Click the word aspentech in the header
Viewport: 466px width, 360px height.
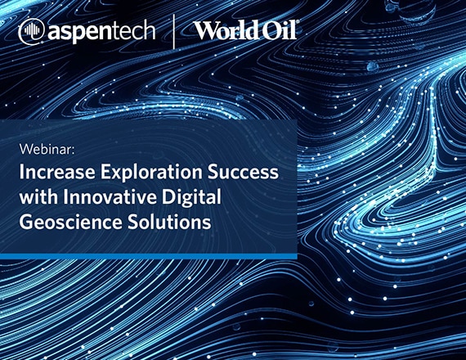click(101, 32)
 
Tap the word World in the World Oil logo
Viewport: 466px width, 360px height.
click(226, 30)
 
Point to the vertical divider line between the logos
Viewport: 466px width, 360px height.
click(174, 31)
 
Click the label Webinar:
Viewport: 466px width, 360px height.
click(47, 149)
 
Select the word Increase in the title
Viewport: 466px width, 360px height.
click(57, 172)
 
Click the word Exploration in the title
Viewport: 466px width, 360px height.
click(151, 173)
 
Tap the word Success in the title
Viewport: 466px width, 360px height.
click(243, 172)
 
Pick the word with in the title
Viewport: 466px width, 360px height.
click(38, 197)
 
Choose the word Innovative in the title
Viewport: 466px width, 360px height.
click(110, 197)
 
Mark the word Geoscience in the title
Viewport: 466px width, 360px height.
click(71, 222)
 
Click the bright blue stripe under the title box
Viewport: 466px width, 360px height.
click(149, 256)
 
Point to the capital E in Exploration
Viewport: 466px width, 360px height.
click(105, 172)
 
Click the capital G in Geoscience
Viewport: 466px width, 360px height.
click(26, 222)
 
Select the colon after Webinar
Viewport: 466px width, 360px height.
click(72, 151)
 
